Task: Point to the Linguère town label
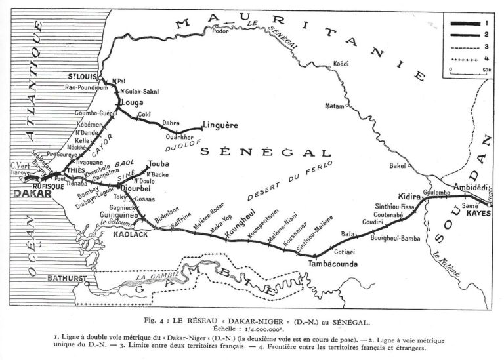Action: tap(219, 125)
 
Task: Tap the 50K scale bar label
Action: tap(486, 68)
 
